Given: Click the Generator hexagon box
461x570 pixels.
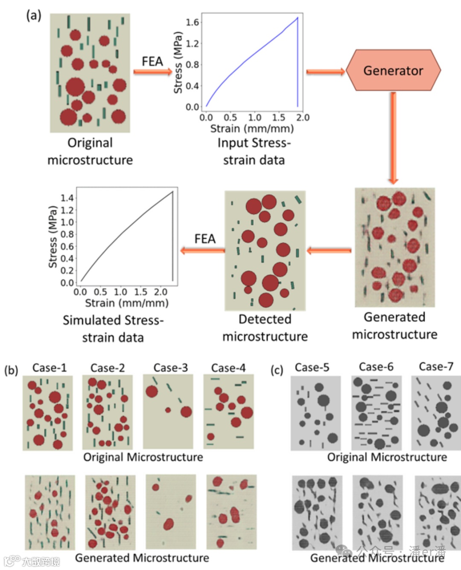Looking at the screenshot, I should tap(393, 70).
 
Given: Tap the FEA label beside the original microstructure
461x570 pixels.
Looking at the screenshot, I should tap(152, 61).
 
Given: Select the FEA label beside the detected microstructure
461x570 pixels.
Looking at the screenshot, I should tap(205, 239).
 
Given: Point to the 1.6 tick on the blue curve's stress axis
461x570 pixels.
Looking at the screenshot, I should tap(193, 22).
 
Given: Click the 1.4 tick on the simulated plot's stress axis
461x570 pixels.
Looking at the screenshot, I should tap(67, 198).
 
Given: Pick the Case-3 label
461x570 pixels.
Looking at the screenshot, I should tap(170, 368).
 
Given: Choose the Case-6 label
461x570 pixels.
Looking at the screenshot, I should tap(376, 367).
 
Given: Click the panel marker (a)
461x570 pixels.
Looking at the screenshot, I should tap(34, 15).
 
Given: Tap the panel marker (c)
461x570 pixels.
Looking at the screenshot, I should tap(277, 370).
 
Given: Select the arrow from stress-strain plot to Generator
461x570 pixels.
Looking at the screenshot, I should tap(325, 72).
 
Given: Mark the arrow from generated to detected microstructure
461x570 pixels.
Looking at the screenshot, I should tap(329, 251).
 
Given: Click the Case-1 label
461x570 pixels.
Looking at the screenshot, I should tap(50, 368).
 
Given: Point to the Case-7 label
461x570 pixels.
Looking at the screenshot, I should tap(436, 366).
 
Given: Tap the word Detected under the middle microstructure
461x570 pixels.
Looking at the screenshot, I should tap(265, 319).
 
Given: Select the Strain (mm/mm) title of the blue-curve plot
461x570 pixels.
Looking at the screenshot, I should tap(252, 129).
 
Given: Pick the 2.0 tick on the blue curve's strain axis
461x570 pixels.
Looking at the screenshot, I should tap(303, 117).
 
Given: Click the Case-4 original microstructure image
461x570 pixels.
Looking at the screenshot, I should tap(229, 411).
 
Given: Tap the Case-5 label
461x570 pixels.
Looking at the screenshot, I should tap(312, 367).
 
